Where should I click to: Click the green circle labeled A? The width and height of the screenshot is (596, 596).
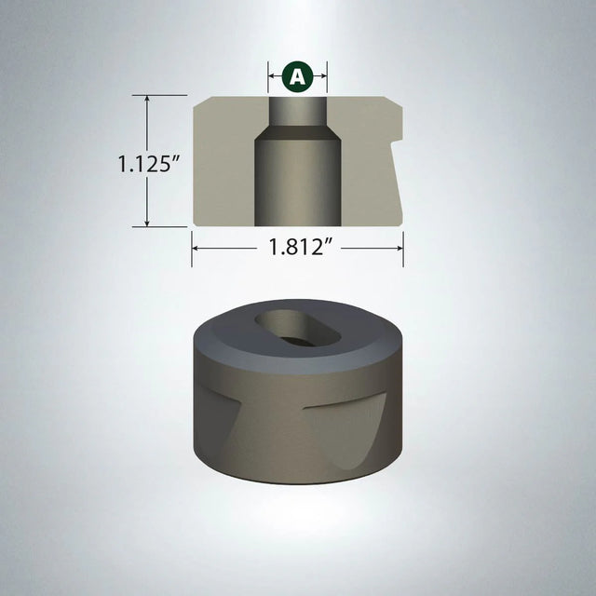pos(297,75)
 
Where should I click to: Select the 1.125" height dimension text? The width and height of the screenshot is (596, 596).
pos(148,164)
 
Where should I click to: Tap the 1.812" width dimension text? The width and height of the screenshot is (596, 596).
pos(297,248)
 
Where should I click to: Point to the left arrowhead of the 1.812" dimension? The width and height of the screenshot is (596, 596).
pos(196,248)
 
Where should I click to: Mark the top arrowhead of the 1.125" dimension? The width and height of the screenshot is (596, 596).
pos(147,99)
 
